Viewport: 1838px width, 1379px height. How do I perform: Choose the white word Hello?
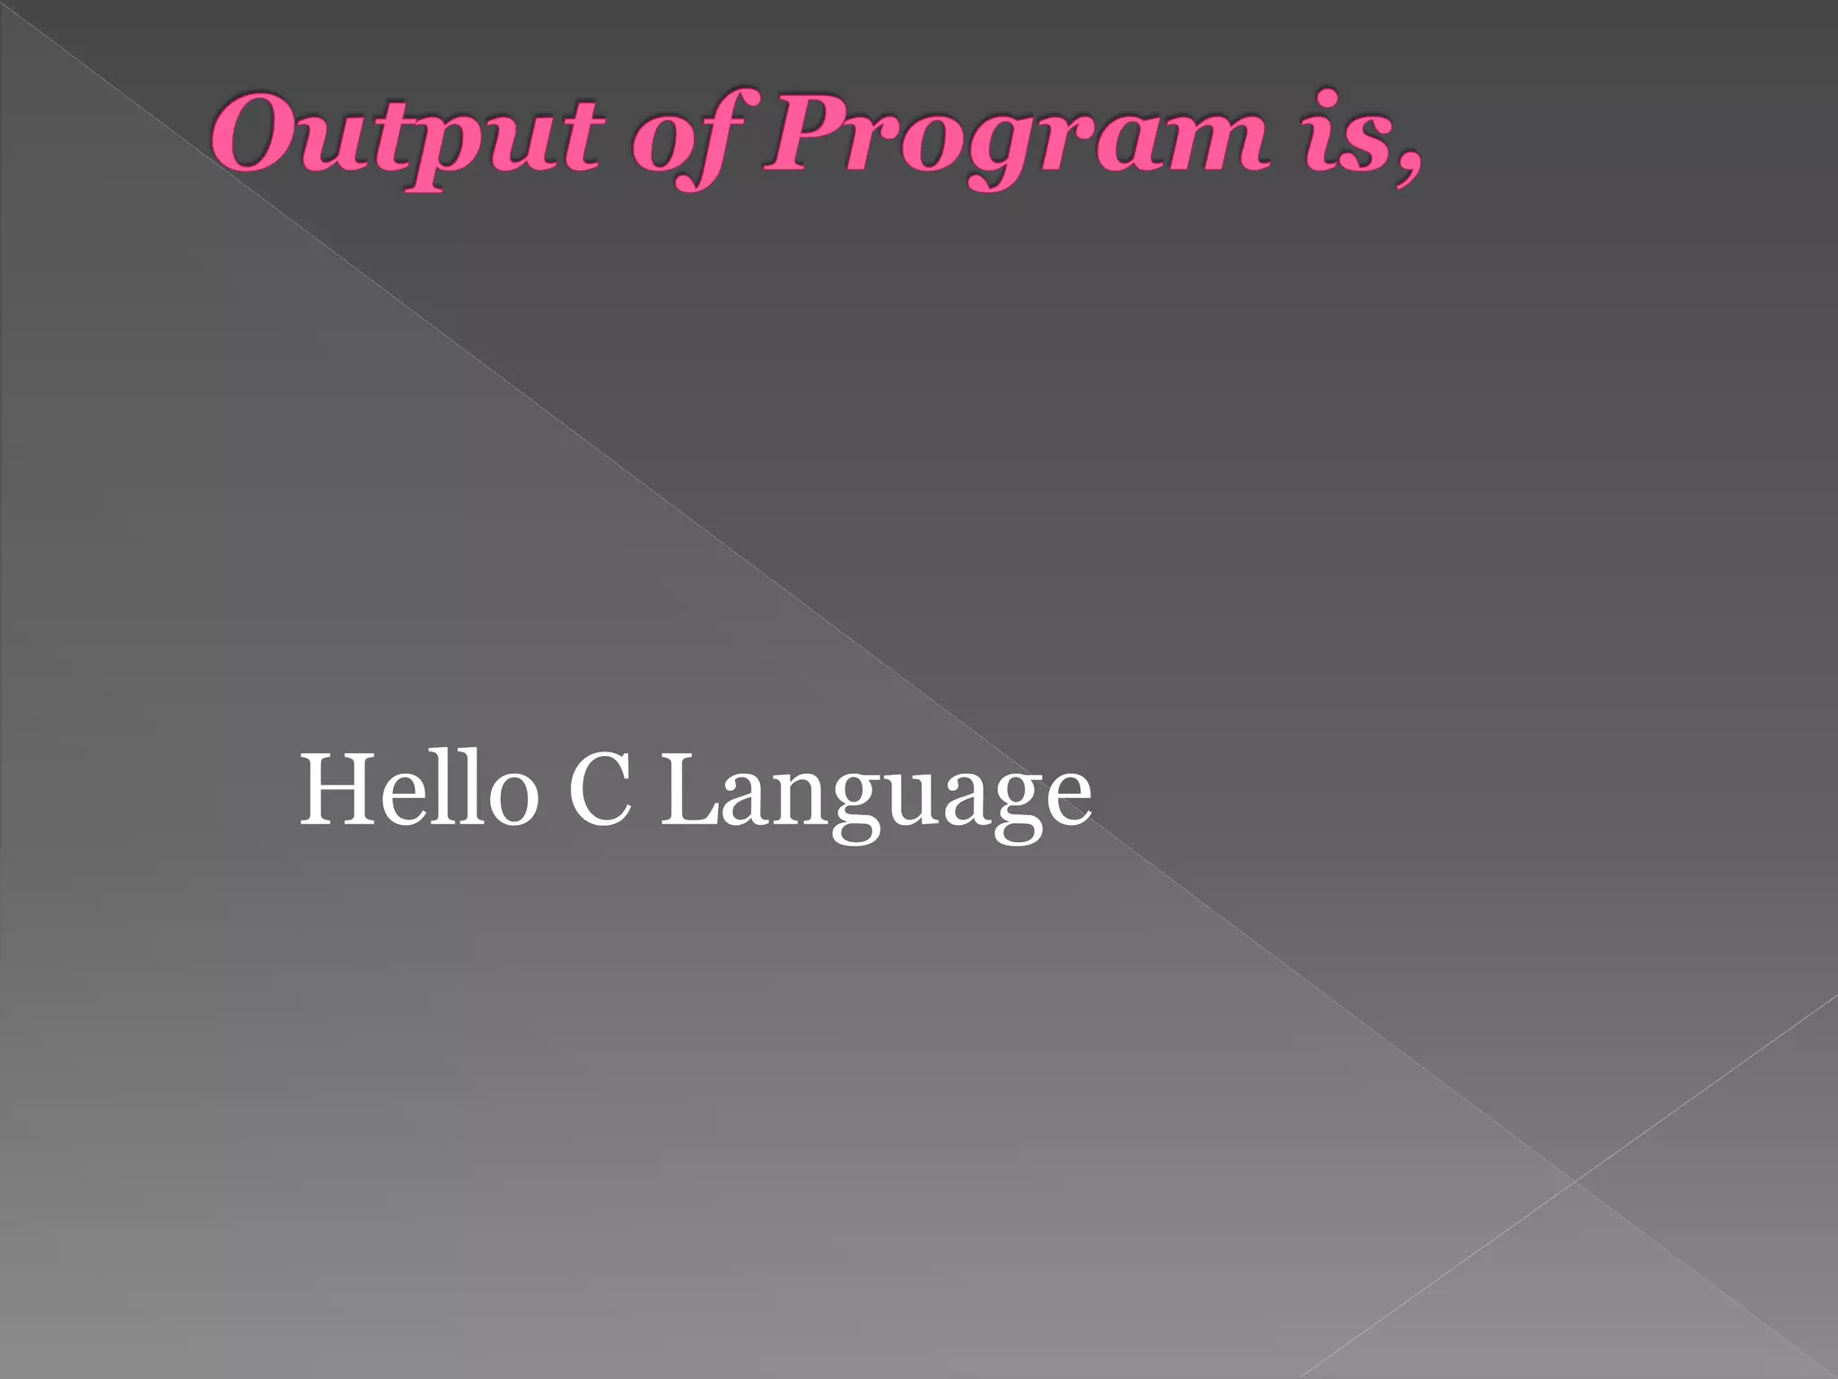pyautogui.click(x=418, y=790)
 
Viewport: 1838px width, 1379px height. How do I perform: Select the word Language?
pyautogui.click(x=876, y=794)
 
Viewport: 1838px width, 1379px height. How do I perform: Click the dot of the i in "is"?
pyautogui.click(x=1326, y=100)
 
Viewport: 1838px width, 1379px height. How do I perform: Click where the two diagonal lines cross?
pyautogui.click(x=1574, y=1180)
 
